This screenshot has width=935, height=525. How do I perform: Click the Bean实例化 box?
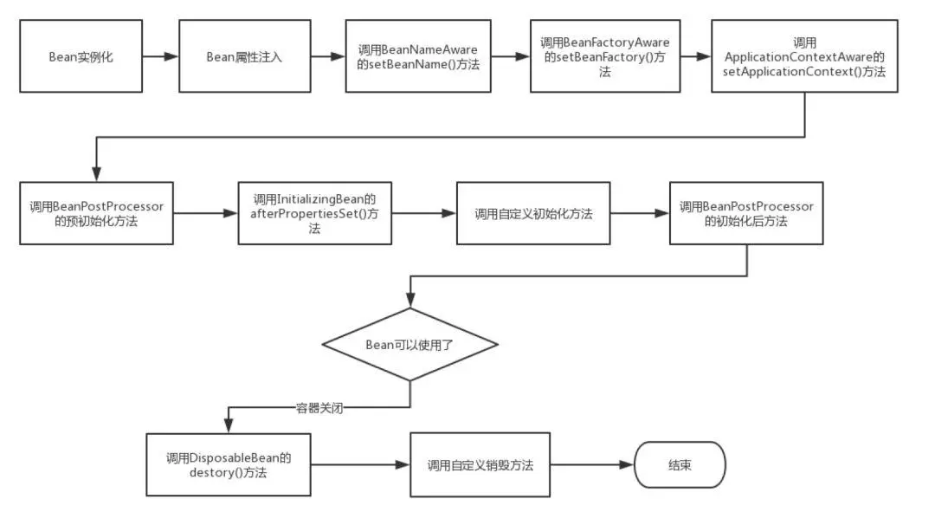[x=81, y=57]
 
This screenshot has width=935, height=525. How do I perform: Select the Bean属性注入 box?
[x=244, y=57]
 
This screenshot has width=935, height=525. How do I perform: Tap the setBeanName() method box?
[x=417, y=57]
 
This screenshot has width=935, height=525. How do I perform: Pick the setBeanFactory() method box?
[x=604, y=57]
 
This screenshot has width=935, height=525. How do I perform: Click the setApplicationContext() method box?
[x=803, y=57]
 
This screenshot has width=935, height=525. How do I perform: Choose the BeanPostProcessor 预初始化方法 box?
[x=96, y=213]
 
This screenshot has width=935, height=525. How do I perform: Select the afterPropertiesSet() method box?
[x=314, y=213]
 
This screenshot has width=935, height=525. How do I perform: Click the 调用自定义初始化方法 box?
[x=533, y=213]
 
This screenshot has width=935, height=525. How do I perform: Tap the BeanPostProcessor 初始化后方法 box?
[x=746, y=213]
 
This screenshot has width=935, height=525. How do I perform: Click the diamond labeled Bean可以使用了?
[x=410, y=344]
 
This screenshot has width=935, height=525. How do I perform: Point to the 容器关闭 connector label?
[x=319, y=407]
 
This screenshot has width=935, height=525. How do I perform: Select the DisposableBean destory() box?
[x=228, y=464]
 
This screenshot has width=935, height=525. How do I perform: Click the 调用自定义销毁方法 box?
[x=480, y=464]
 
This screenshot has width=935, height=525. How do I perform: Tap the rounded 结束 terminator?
[x=680, y=464]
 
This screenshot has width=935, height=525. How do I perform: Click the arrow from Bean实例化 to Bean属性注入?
[x=160, y=57]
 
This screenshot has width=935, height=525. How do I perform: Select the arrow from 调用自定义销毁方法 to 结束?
[x=592, y=464]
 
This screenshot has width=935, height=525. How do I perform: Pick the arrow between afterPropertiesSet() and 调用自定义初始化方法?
[x=423, y=213]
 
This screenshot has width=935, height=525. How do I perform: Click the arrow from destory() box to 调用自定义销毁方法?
[x=359, y=464]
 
